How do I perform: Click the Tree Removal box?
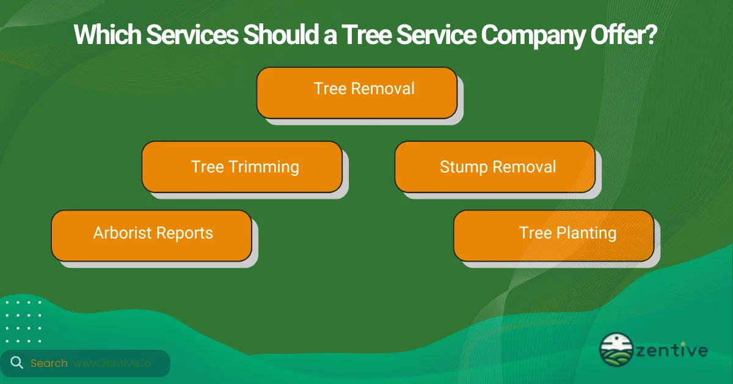(x=357, y=92)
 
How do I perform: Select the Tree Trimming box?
(x=242, y=167)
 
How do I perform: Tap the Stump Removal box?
(x=495, y=167)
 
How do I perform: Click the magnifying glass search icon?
(x=16, y=363)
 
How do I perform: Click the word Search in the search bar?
(x=49, y=363)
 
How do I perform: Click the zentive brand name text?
(x=674, y=351)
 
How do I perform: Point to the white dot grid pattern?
(x=24, y=321)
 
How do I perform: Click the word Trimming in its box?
(x=264, y=168)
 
